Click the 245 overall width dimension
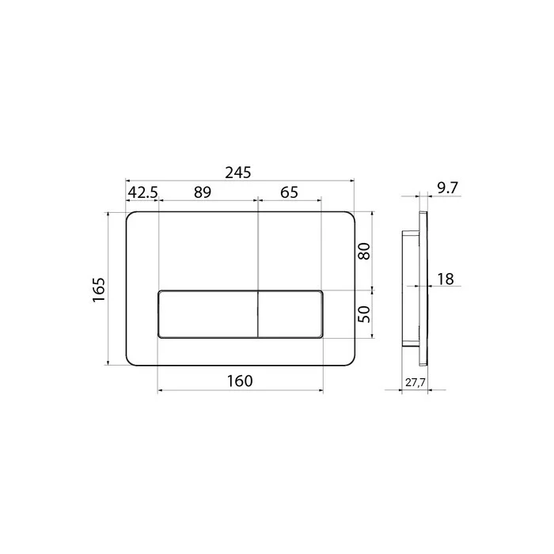[238, 173]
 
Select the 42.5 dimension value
[142, 192]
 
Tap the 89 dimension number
[203, 192]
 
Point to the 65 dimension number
[289, 192]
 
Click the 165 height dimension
[99, 290]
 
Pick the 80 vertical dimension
[364, 251]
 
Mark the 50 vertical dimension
[364, 314]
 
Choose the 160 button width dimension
[240, 381]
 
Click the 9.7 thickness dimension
[448, 188]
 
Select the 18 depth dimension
[446, 279]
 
